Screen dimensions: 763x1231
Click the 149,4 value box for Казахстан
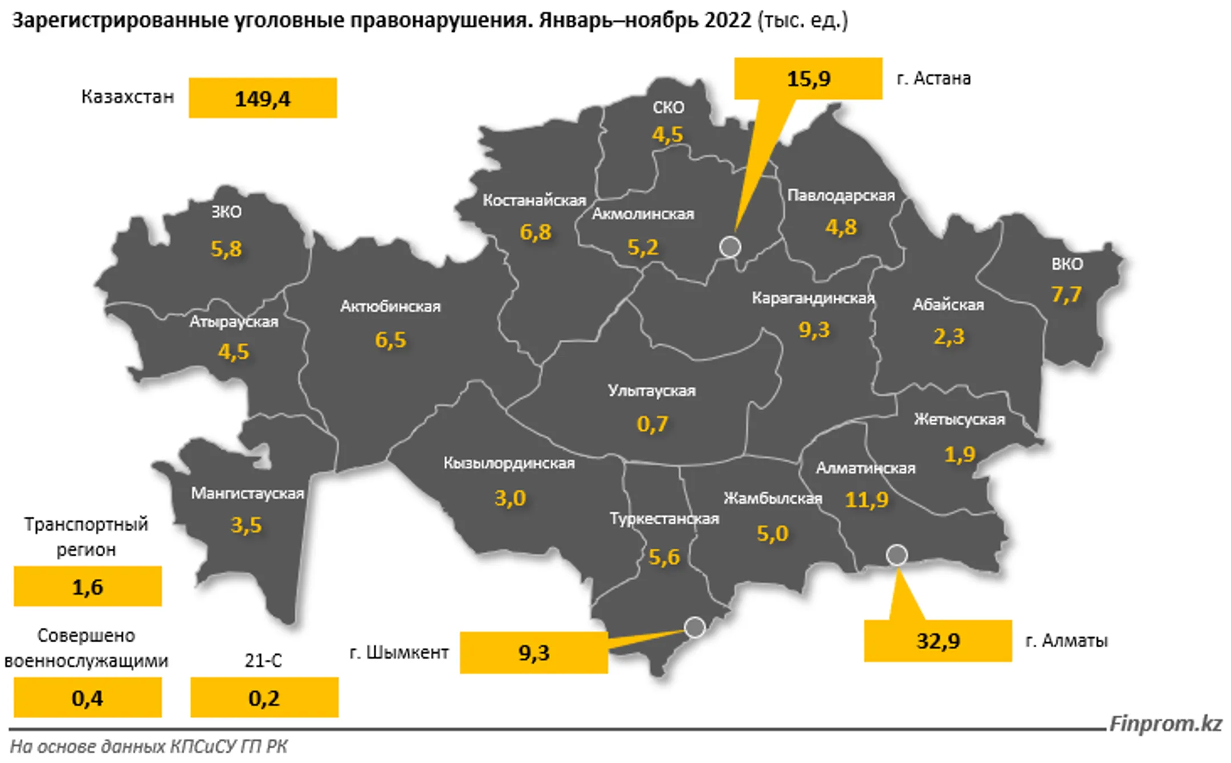[x=263, y=99]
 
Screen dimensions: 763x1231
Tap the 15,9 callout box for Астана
[x=808, y=79]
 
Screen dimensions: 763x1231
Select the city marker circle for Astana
[x=730, y=247]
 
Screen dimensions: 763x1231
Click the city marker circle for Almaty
[x=897, y=554]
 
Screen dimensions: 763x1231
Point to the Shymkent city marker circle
[x=695, y=627]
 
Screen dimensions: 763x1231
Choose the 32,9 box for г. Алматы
[x=937, y=641]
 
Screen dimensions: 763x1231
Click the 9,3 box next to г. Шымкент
[x=533, y=653]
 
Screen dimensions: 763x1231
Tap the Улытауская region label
[x=651, y=391]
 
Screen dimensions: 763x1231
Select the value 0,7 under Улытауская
[x=652, y=424]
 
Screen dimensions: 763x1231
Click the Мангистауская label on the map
[x=247, y=493]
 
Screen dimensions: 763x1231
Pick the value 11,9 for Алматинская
[x=866, y=500]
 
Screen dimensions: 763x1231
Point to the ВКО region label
[x=1067, y=264]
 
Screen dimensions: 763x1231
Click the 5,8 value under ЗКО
[x=226, y=249]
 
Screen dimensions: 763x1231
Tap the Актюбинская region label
[x=390, y=307]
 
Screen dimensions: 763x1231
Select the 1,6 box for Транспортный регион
[x=88, y=586]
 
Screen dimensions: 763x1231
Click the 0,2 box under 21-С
[x=264, y=697]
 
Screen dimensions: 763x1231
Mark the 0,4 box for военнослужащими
[x=88, y=697]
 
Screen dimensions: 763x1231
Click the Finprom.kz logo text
[x=1165, y=724]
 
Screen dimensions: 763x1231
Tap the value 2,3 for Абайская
[x=948, y=337]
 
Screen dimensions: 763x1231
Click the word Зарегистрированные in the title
[x=120, y=21]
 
